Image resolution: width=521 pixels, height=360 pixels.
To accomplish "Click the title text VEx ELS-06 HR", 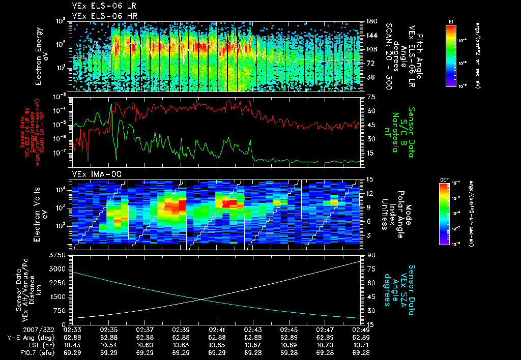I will click(98, 16).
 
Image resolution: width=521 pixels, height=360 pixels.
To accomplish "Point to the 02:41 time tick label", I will click(217, 330).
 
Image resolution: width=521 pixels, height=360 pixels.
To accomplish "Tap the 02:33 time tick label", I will click(73, 330).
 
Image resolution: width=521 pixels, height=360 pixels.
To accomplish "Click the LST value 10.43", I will click(73, 345).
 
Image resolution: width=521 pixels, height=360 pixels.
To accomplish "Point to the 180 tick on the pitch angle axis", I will click(370, 21).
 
